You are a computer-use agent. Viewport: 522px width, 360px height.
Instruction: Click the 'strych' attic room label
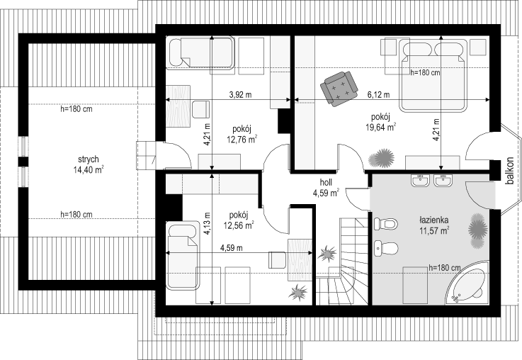pyautogui.click(x=89, y=159)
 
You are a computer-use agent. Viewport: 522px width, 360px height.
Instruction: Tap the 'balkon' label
pyautogui.click(x=510, y=171)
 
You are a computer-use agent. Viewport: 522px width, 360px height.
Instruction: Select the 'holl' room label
pyautogui.click(x=326, y=182)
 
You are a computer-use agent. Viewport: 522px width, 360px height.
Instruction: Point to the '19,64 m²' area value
pyautogui.click(x=381, y=128)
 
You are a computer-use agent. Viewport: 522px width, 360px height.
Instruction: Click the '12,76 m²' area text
pyautogui.click(x=242, y=139)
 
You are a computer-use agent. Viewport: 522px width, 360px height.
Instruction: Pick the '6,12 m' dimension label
pyautogui.click(x=378, y=95)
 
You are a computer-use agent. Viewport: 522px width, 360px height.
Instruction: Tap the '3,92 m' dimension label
pyautogui.click(x=240, y=95)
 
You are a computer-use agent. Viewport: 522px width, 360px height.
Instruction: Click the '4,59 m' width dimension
pyautogui.click(x=232, y=248)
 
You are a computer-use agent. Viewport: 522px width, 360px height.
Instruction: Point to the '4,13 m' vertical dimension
pyautogui.click(x=207, y=223)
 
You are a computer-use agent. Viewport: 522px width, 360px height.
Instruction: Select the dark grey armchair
pyautogui.click(x=339, y=89)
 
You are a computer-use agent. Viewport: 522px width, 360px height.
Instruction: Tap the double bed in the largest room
pyautogui.click(x=433, y=75)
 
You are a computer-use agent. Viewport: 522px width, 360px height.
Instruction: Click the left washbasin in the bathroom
pyautogui.click(x=419, y=180)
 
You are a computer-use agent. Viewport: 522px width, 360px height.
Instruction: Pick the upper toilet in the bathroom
pyautogui.click(x=385, y=224)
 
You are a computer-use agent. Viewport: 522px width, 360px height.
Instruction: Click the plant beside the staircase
pyautogui.click(x=327, y=254)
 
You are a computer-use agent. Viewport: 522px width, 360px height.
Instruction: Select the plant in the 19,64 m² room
pyautogui.click(x=382, y=158)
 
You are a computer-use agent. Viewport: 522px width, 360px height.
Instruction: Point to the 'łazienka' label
pyautogui.click(x=433, y=220)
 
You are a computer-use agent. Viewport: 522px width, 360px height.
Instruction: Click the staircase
pyautogui.click(x=342, y=261)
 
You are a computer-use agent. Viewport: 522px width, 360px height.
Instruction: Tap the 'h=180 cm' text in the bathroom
pyautogui.click(x=444, y=267)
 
